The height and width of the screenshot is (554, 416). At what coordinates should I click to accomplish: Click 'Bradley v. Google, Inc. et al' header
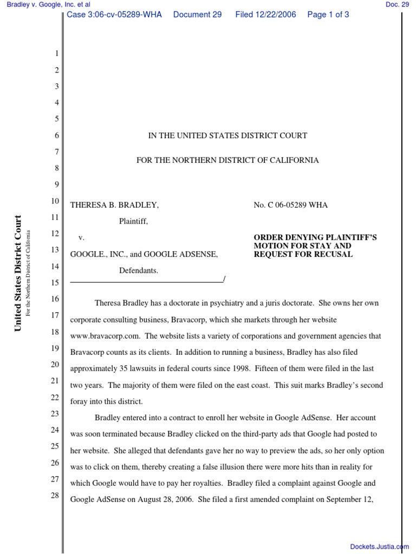[45, 4]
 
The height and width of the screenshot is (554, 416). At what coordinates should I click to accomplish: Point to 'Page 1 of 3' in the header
[328, 15]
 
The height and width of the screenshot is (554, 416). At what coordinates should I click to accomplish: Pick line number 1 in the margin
[55, 54]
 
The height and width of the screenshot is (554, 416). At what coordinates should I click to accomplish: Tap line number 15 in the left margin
[55, 282]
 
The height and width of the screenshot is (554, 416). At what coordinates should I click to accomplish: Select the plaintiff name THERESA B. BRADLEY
[114, 205]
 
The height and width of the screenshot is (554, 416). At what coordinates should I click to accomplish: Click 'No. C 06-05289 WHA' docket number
[290, 205]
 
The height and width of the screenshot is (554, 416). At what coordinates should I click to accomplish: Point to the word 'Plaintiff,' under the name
[133, 221]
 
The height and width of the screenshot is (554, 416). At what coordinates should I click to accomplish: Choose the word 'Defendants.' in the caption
[139, 271]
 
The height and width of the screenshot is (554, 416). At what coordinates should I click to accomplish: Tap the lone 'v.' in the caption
[81, 238]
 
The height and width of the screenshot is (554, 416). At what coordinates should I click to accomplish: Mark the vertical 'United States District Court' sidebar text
[18, 273]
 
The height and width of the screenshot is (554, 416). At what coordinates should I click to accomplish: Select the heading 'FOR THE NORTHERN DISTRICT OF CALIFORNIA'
[227, 160]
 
